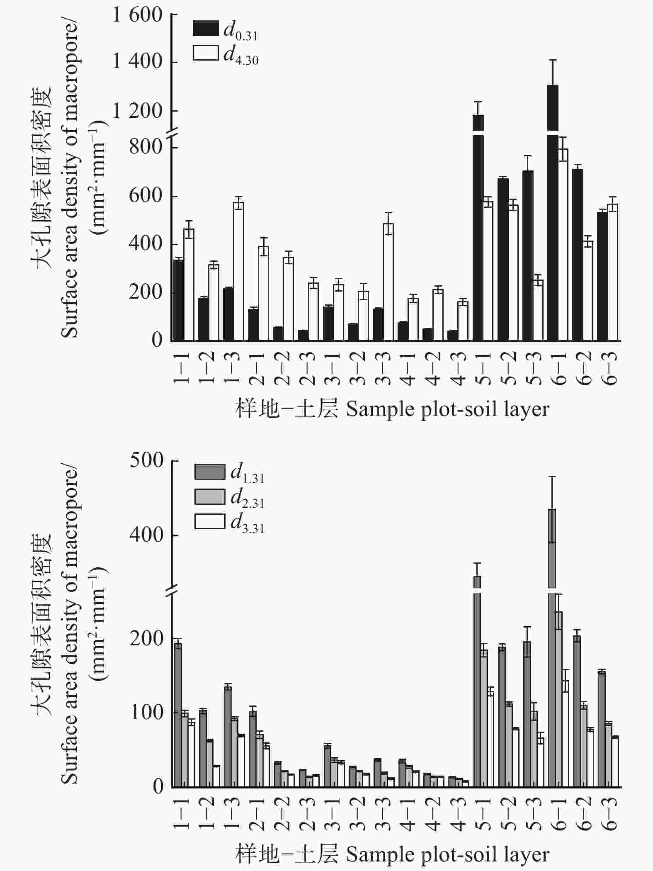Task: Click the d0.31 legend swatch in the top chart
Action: click(206, 29)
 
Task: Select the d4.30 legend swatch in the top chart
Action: click(206, 53)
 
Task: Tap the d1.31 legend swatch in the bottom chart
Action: click(210, 471)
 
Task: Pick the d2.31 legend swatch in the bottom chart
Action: click(210, 496)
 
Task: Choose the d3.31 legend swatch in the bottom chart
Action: click(210, 522)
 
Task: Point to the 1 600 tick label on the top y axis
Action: click(137, 16)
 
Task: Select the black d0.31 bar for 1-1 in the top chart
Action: click(179, 300)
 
